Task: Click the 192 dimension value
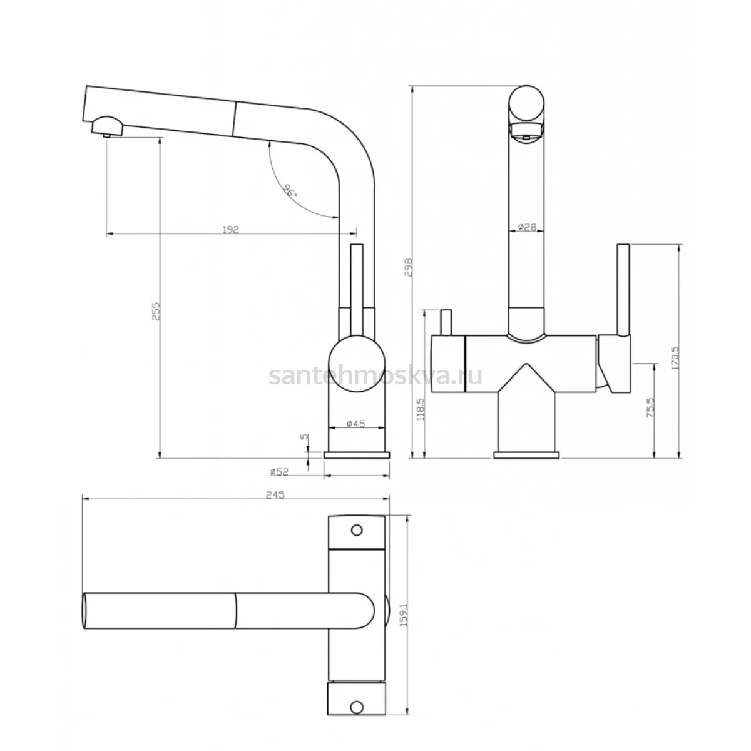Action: (231, 230)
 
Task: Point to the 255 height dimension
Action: (156, 311)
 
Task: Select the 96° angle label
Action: (290, 191)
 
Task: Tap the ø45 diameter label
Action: (355, 424)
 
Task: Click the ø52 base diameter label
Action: (279, 472)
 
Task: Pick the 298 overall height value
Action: (408, 267)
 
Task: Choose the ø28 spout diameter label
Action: (528, 227)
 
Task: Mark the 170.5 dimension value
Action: (675, 358)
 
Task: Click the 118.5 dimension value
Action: (421, 409)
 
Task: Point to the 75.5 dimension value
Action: (650, 407)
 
